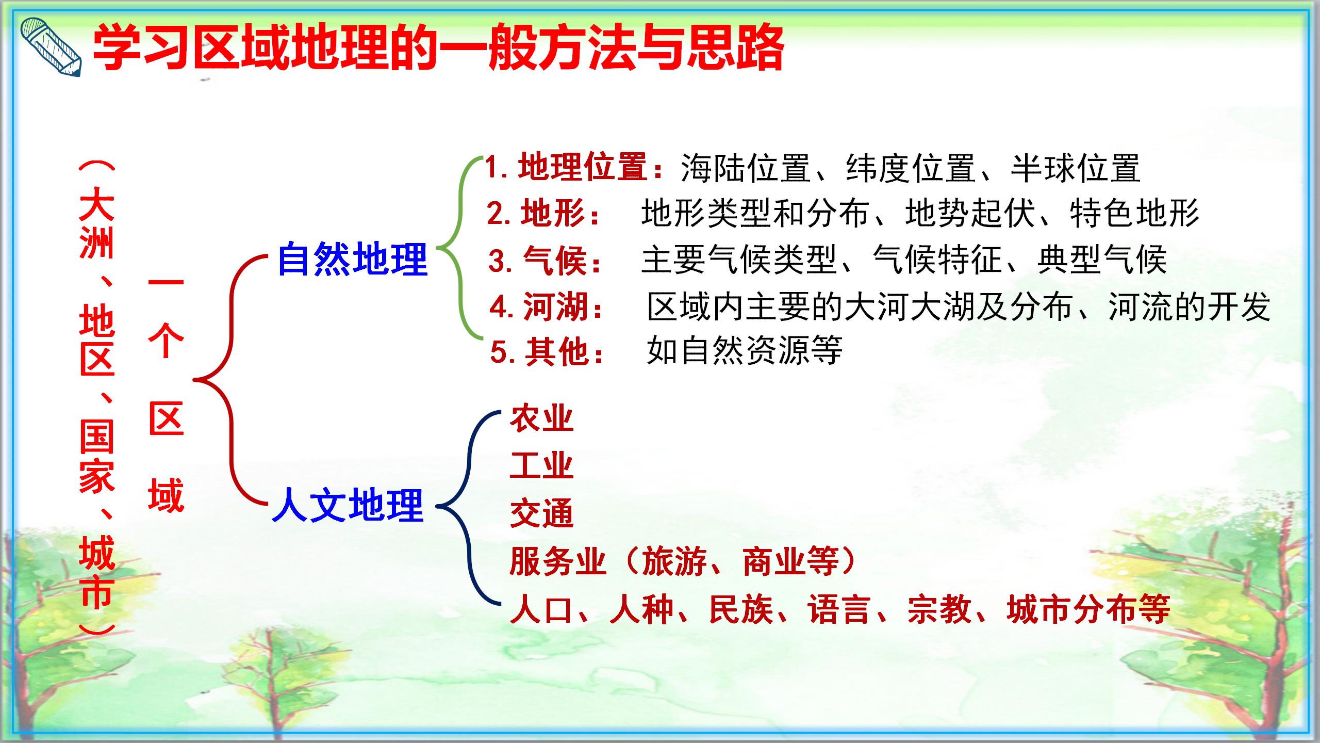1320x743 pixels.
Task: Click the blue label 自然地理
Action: (x=352, y=259)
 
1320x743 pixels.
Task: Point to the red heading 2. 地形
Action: (x=544, y=213)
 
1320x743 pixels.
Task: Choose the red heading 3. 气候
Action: (x=546, y=260)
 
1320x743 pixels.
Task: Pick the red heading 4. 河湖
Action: (x=547, y=307)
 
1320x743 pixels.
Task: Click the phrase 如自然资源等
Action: (x=744, y=351)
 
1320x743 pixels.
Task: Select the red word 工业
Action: (x=541, y=465)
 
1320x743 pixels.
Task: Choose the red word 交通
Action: (x=541, y=513)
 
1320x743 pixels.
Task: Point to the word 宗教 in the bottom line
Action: (x=939, y=610)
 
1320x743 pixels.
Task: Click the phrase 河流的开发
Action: (x=1189, y=307)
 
